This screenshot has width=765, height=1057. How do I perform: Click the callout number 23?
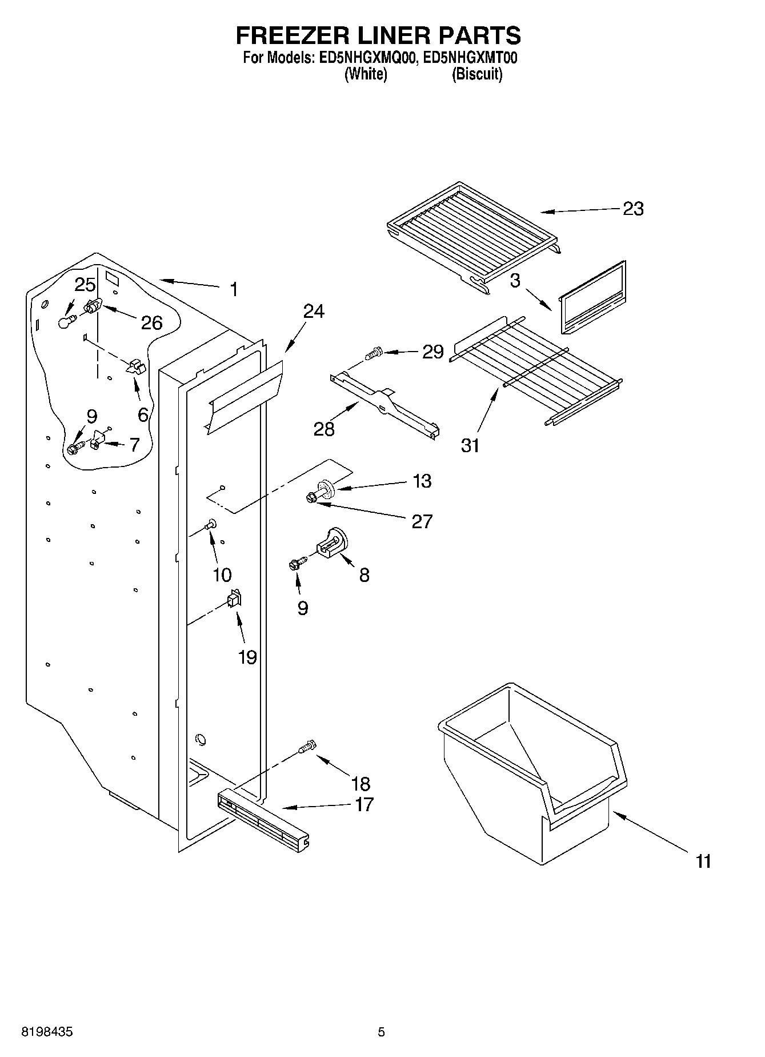(x=632, y=209)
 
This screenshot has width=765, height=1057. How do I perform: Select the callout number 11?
(x=704, y=861)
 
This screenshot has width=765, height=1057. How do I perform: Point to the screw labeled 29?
(x=374, y=353)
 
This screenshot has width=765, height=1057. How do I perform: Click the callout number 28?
(x=324, y=429)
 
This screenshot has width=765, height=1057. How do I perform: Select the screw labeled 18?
(x=307, y=745)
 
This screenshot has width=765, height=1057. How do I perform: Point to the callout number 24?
(x=314, y=311)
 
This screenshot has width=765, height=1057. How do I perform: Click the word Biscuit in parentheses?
(x=477, y=74)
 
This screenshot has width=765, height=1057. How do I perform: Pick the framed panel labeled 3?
(x=591, y=298)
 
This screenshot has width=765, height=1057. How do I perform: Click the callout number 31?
(x=470, y=445)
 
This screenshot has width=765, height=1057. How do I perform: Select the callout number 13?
(x=422, y=481)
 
